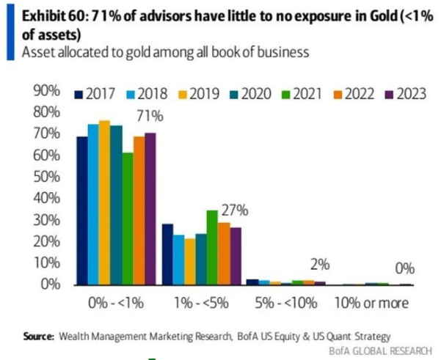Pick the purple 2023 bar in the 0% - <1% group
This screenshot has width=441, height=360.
(150, 208)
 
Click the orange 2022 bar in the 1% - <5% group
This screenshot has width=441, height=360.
(224, 253)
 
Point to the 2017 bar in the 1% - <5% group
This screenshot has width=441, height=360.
(167, 254)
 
